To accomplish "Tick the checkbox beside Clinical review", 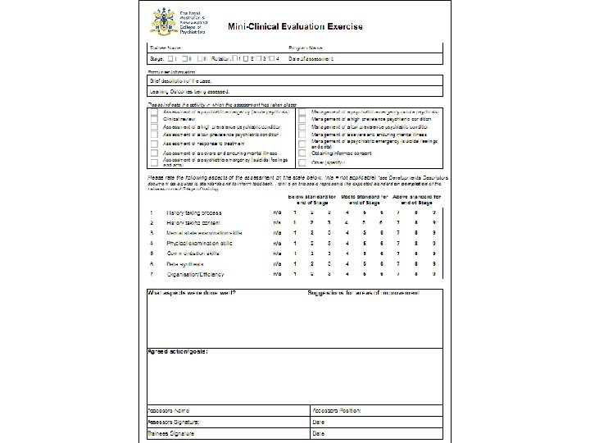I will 154,119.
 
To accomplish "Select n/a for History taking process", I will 276,212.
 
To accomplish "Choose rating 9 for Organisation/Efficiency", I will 433,276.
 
